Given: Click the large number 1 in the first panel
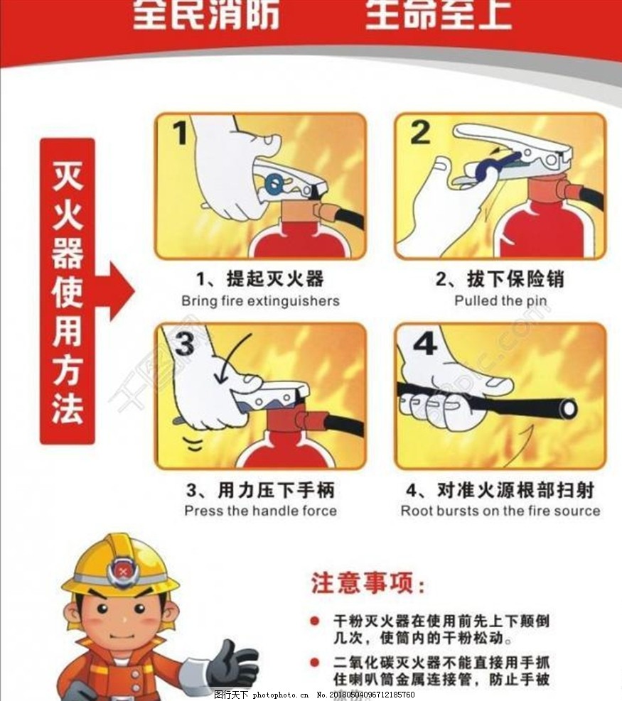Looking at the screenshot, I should coord(180,133).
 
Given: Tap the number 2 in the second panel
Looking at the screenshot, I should coord(420,133).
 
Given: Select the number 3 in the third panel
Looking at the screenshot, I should coord(184,344).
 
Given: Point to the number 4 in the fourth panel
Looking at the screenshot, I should coord(424,344).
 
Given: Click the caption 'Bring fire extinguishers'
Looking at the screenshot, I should coord(260,300).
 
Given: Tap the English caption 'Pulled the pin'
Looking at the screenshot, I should coord(500,300).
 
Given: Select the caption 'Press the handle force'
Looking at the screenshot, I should coord(260,511).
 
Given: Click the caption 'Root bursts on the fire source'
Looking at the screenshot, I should coord(500,511).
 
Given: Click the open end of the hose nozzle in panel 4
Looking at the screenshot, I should coord(567,408).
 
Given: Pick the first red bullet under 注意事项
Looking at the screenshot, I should coord(315,621).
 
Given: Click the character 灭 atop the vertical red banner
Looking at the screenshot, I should coord(68,175).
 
